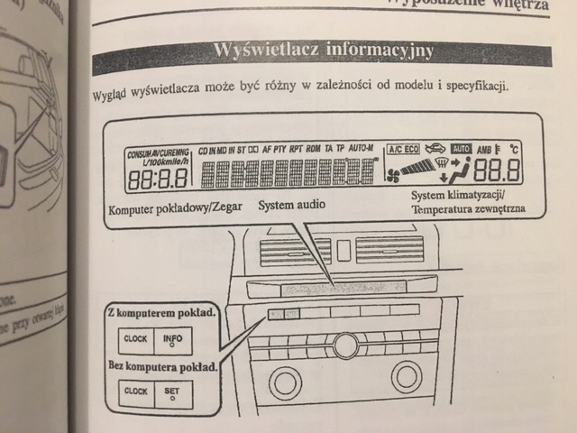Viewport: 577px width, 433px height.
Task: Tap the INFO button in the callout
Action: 173,340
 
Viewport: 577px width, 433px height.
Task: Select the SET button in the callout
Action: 173,393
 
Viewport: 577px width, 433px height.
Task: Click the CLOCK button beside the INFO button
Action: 135,340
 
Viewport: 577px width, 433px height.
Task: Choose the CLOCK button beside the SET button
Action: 135,392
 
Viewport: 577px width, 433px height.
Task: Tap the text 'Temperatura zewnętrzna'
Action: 466,210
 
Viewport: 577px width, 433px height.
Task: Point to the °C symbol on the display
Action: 514,148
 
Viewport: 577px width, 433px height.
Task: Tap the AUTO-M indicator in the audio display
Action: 362,147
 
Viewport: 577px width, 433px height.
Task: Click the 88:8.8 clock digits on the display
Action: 157,179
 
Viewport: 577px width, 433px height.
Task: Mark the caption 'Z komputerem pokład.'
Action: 161,314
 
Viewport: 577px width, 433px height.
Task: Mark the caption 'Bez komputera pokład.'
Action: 162,368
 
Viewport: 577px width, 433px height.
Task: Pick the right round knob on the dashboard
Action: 407,375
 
